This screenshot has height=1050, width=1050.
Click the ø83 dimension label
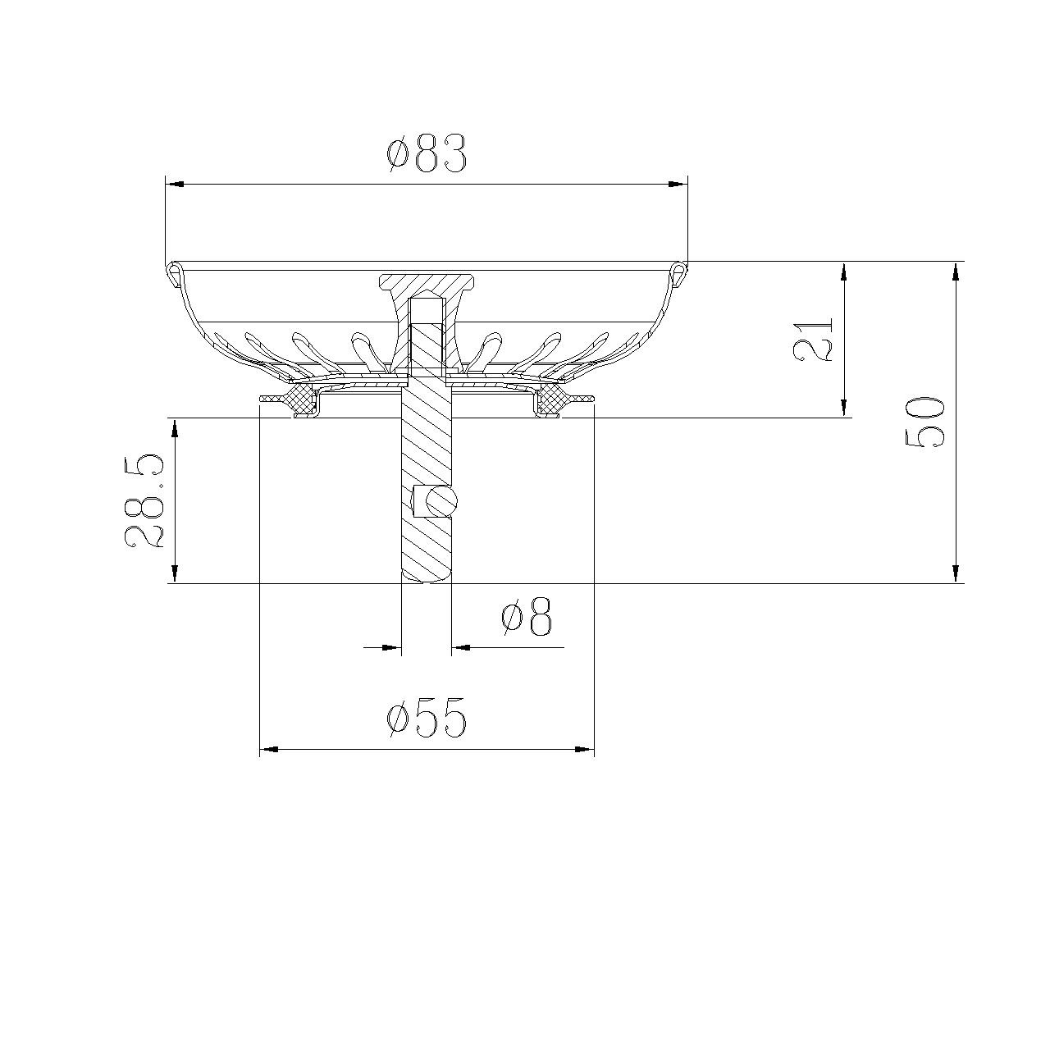[x=427, y=153]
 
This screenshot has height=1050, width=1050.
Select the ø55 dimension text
[x=427, y=719]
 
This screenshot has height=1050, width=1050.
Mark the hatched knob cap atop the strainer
[x=427, y=284]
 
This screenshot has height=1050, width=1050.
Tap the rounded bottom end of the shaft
[x=426, y=576]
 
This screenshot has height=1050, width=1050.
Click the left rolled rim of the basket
[x=175, y=272]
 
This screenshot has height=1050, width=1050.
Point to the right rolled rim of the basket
[x=677, y=272]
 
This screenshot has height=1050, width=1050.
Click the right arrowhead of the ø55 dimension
[x=584, y=749]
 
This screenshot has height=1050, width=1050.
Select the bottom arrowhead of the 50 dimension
[x=956, y=573]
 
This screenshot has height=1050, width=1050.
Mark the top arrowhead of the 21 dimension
[x=843, y=272]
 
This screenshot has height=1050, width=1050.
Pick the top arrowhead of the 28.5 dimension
[x=174, y=427]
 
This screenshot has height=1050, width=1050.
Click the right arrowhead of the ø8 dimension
[x=461, y=647]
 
